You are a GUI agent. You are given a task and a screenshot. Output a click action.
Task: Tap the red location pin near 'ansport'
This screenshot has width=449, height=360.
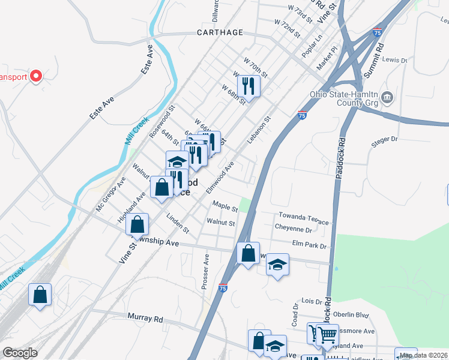[35, 76]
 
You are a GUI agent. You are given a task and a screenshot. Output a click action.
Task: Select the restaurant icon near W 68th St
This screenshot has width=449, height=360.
[247, 85]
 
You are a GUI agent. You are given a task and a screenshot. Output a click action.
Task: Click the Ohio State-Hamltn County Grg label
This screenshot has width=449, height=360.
[344, 98]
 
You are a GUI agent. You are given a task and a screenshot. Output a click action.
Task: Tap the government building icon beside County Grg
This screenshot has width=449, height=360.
[387, 97]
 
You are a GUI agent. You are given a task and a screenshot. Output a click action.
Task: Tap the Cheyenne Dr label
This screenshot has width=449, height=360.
[294, 229]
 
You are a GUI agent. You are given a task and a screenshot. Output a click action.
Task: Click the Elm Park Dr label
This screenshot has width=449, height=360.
[309, 245]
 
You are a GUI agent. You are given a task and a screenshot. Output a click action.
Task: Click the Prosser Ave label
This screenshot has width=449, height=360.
[206, 271]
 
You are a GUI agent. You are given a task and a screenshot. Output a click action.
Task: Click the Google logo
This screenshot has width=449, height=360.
[20, 353]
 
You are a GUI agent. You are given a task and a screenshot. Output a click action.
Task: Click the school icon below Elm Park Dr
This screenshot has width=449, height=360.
[277, 264]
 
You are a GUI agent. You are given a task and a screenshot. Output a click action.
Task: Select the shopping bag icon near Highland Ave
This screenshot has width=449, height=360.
[137, 224]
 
